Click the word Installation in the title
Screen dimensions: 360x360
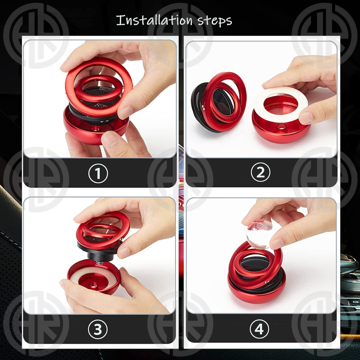154,20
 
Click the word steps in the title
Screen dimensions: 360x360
215,21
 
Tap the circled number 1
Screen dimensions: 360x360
98,173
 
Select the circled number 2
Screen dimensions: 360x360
260,172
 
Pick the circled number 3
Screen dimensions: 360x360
98,329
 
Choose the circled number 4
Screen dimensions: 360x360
259,329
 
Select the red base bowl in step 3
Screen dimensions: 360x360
94,278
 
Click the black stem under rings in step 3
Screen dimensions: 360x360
100,255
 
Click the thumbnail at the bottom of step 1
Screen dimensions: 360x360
110,138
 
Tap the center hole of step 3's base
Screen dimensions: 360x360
93,285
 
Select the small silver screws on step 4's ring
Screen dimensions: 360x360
267,281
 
